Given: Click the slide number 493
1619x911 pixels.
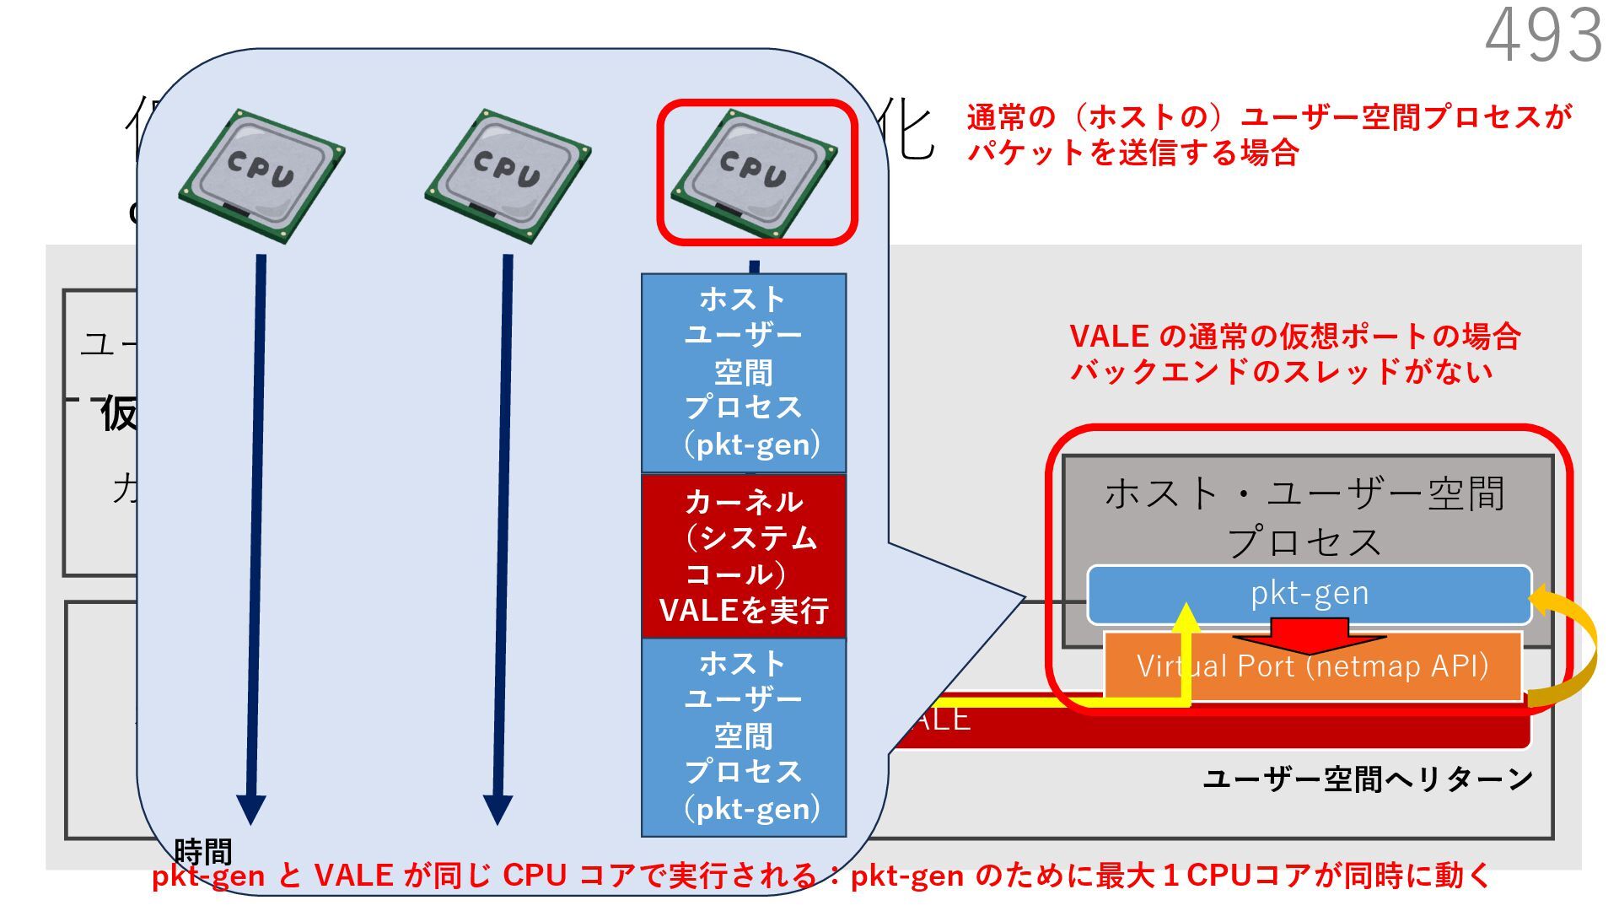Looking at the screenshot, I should click(x=1543, y=35).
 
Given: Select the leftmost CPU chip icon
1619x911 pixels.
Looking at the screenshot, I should click(x=261, y=175).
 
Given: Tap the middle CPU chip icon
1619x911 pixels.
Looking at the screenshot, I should click(x=508, y=175).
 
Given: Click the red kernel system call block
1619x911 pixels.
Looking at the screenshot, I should click(x=744, y=556).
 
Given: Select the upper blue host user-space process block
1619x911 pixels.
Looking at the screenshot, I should click(x=744, y=372).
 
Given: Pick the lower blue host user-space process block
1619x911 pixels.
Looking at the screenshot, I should click(x=744, y=736).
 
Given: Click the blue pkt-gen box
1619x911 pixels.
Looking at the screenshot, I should click(x=1309, y=593).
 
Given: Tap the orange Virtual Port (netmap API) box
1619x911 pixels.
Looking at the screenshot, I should click(x=1312, y=666).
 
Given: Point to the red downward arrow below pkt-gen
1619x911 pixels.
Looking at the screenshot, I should click(x=1310, y=636).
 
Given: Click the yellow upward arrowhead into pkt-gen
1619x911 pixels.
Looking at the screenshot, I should click(x=1186, y=618).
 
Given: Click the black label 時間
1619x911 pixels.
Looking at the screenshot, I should click(x=202, y=850).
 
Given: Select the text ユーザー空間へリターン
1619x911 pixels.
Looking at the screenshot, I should click(x=1367, y=779).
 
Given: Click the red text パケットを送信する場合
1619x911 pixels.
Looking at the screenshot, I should click(x=1132, y=154).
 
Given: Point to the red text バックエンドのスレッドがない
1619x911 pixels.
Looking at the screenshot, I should click(x=1281, y=371).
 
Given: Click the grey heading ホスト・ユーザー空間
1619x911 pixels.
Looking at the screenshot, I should click(x=1304, y=493).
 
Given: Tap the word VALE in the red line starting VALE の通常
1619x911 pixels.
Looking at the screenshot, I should click(x=1109, y=337).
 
